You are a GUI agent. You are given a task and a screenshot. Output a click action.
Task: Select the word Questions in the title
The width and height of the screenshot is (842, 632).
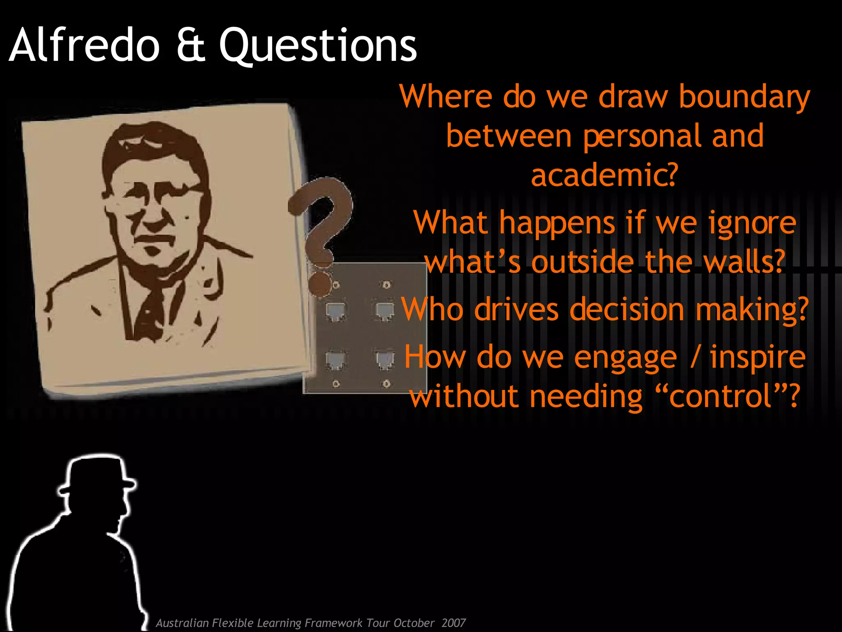coord(318,46)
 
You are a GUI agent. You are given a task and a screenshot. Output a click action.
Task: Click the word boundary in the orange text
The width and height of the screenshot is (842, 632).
coord(744,97)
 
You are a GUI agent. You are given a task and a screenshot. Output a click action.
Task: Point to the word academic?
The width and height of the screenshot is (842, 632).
coord(604,174)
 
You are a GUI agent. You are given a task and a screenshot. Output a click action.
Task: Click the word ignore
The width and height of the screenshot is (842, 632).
coord(752,223)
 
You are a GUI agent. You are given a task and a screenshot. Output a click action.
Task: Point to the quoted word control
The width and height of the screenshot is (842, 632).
coord(721,396)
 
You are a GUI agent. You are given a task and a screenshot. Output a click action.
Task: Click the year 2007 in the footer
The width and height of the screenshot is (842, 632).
coord(453,623)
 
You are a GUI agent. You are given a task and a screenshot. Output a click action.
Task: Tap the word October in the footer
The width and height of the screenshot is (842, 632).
coord(414,623)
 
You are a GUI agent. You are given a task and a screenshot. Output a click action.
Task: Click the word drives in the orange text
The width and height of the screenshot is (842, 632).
coord(516,309)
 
